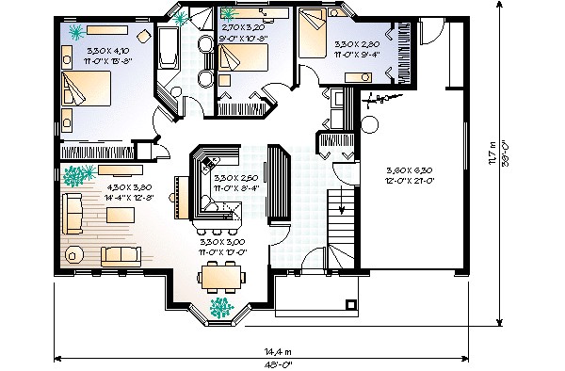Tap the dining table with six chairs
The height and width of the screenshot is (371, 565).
coord(222,276)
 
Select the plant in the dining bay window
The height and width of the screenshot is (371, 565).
coord(220,307)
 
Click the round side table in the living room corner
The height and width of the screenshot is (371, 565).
coord(73,254)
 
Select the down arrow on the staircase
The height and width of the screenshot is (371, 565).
coord(341,209)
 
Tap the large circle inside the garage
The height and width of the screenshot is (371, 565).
coord(368,122)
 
